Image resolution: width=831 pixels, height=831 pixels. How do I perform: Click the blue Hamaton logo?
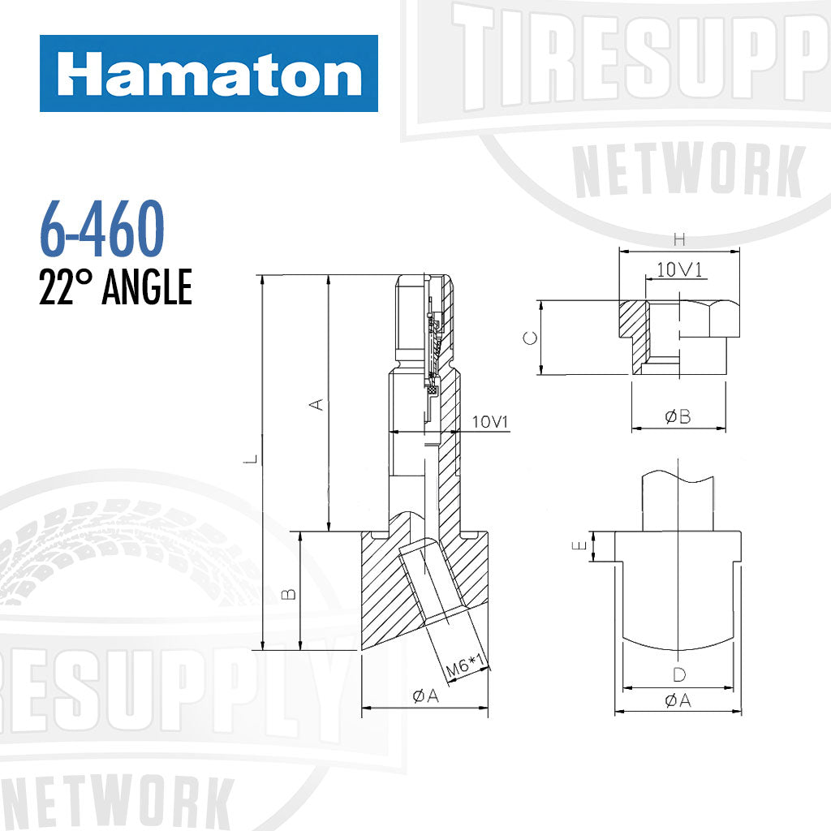pos(209,73)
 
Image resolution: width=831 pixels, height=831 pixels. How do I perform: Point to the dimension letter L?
pos(253,460)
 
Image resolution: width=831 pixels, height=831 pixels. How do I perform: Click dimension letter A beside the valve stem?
pos(319,403)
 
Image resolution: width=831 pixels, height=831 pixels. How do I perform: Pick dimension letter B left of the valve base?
pos(289,593)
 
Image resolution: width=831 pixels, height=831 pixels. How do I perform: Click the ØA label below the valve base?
pos(424,695)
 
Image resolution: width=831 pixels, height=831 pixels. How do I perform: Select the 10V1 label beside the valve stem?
pos(489,422)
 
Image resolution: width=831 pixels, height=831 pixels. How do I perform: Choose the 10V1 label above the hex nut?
pos(679,270)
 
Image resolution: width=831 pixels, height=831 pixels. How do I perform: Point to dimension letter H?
pos(680,239)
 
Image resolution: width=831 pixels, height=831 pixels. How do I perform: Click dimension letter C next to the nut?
pos(528,338)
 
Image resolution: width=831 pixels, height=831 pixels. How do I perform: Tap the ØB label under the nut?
pos(678,416)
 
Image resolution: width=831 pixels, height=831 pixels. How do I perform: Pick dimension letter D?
pos(678,674)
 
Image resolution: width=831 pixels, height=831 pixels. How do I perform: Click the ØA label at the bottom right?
pos(678,700)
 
